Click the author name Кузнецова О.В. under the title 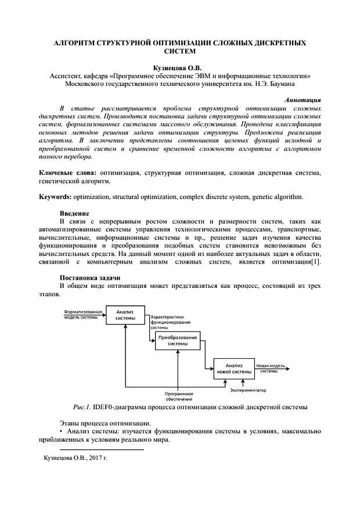coord(180,68)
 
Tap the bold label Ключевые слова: coord(68,173)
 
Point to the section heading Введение coord(74,214)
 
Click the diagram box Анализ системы coord(125,315)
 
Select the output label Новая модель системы coord(271,368)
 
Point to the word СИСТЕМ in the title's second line coord(181,52)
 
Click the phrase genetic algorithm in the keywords coord(278,197)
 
